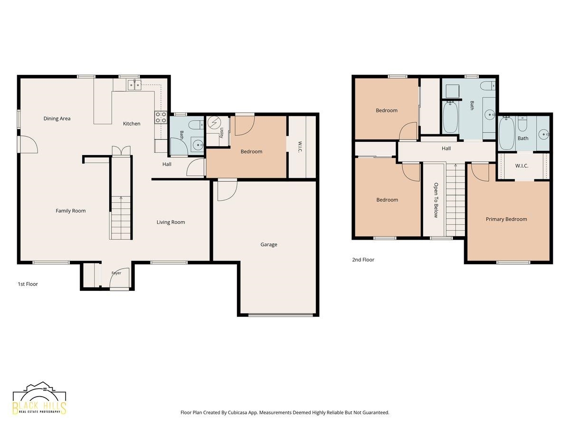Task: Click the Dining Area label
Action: click(57, 119)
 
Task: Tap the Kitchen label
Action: click(132, 124)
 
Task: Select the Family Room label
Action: click(71, 211)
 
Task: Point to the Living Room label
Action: click(171, 222)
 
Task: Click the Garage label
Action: click(269, 244)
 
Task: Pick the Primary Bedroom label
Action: click(506, 219)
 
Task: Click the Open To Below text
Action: click(436, 200)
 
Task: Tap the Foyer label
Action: click(116, 273)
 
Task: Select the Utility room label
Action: click(221, 133)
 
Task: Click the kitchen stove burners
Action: click(161, 117)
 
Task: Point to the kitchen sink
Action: click(134, 84)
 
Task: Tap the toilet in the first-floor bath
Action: click(196, 125)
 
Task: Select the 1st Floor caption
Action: click(28, 284)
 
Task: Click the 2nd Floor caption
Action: click(363, 260)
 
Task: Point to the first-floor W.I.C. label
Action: click(300, 147)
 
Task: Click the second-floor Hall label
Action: click(446, 149)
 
